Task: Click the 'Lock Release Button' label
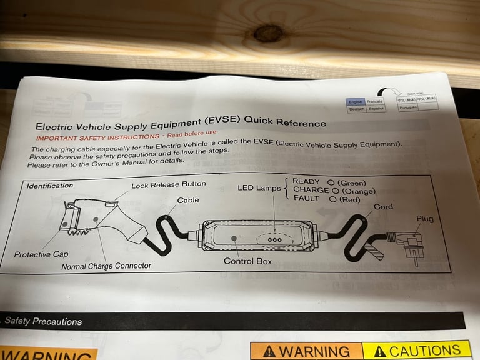pos(168,185)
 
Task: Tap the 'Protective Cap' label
pos(41,254)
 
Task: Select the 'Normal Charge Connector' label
pos(106,266)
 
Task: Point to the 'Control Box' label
pos(247,261)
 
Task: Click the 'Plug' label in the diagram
pos(425,219)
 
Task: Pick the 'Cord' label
pos(383,207)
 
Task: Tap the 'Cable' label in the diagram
pos(188,201)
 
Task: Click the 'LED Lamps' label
pos(259,188)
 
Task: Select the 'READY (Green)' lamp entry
pos(329,182)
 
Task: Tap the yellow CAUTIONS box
pos(416,350)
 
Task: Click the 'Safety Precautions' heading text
pos(43,322)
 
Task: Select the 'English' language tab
pos(355,101)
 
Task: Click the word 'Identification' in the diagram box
pos(49,186)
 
